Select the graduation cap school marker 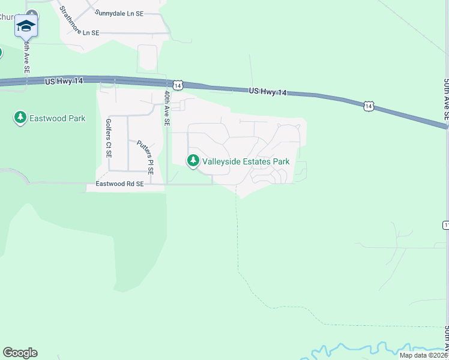pyautogui.click(x=26, y=26)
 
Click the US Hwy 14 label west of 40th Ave pyautogui.click(x=64, y=80)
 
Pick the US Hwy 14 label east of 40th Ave pyautogui.click(x=268, y=92)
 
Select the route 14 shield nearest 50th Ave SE pyautogui.click(x=369, y=106)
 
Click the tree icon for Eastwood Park pyautogui.click(x=20, y=118)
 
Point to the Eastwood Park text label pyautogui.click(x=59, y=118)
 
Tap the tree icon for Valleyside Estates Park pyautogui.click(x=193, y=161)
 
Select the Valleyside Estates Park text pyautogui.click(x=246, y=161)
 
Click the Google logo pyautogui.click(x=20, y=353)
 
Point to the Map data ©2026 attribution pyautogui.click(x=423, y=355)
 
